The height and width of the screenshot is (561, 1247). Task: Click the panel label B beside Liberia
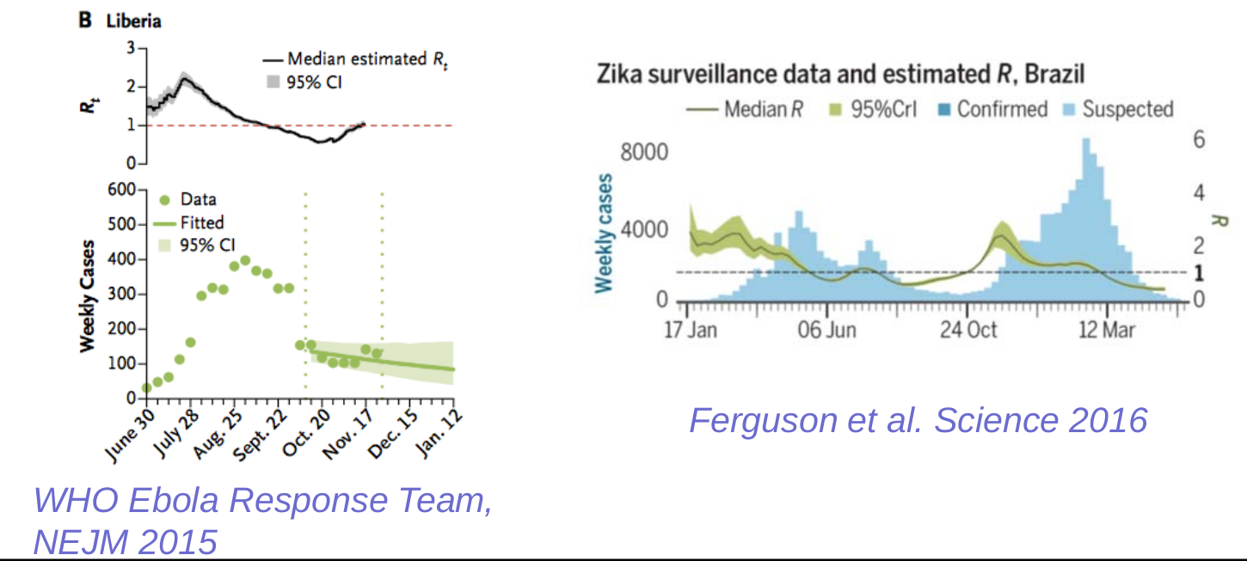pos(86,19)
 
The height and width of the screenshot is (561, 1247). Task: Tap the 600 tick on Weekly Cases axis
pos(125,189)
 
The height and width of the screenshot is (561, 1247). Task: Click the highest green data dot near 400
pos(245,260)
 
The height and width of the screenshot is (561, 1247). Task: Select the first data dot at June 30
pos(147,387)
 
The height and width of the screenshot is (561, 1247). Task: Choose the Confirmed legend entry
pos(1002,109)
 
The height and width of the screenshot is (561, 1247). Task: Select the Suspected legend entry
pos(1127,109)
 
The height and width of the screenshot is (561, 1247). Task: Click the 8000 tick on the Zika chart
pos(642,153)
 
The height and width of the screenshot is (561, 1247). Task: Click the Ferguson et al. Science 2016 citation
pos(918,420)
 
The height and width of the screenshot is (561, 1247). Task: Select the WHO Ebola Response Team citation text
pos(262,501)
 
